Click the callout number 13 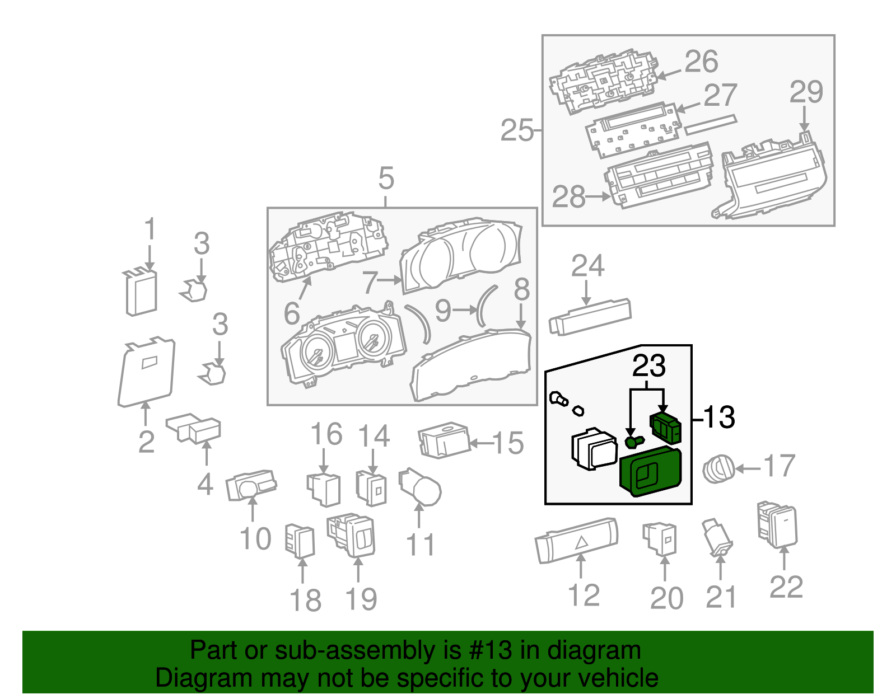718,417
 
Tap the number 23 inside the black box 648,366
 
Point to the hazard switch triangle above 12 581,542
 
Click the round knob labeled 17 718,469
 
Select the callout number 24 587,266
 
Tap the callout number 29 806,92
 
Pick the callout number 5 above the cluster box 386,179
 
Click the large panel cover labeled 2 147,371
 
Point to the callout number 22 786,587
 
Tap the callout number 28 568,197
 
